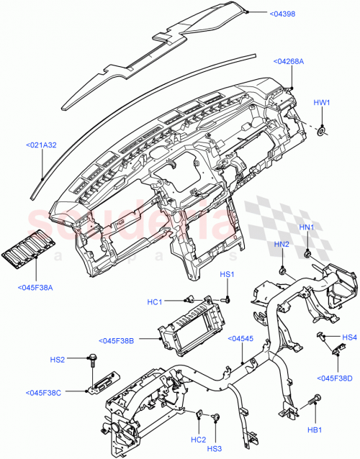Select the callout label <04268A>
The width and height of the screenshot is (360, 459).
[289, 61]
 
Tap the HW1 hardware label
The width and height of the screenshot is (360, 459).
[321, 102]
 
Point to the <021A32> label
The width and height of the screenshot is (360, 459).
[42, 145]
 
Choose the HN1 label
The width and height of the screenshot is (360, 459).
[307, 227]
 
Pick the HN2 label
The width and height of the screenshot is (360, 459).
[281, 245]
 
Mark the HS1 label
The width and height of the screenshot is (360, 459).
[227, 274]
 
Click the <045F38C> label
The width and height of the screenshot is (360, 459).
[43, 392]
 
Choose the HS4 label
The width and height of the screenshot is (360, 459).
[349, 337]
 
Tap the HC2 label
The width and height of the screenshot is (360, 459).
[198, 440]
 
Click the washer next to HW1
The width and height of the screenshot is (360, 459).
[321, 130]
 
